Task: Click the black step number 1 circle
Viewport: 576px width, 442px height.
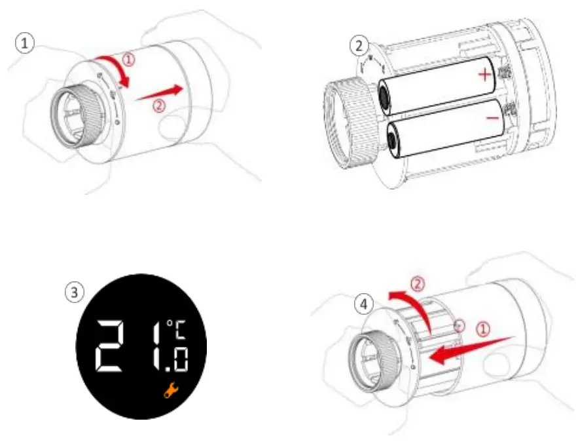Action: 24,45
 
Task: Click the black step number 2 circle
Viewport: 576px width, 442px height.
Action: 357,47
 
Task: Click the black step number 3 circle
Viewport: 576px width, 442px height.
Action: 77,291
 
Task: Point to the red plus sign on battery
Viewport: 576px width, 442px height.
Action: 484,75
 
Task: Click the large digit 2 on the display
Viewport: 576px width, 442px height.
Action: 117,346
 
